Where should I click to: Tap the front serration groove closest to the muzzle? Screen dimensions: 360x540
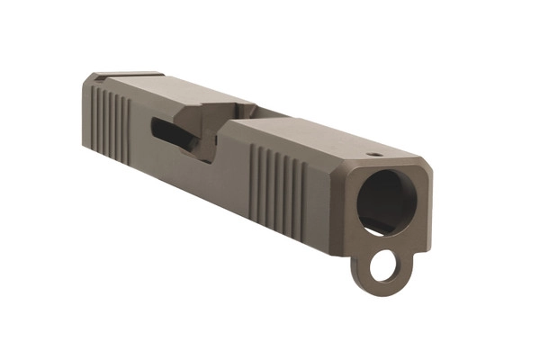click(x=303, y=191)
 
